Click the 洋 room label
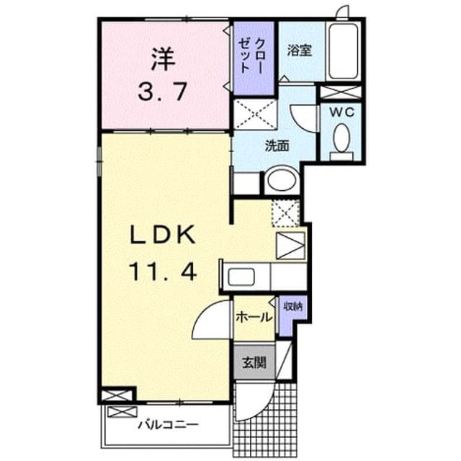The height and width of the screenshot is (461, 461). click(x=163, y=59)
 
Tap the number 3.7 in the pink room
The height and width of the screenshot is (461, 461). click(x=163, y=91)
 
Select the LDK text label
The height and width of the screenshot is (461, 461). click(x=163, y=234)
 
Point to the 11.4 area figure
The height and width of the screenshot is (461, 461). click(x=163, y=271)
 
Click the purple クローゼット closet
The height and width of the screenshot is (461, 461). click(x=254, y=58)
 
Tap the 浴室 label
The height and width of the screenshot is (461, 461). click(x=300, y=50)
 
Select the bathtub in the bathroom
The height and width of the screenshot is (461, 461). click(x=343, y=51)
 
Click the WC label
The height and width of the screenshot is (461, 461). click(x=341, y=112)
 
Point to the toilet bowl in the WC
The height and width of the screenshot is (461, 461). click(x=341, y=138)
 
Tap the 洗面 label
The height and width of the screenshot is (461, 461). click(x=277, y=146)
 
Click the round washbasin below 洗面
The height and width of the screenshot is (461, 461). click(x=282, y=179)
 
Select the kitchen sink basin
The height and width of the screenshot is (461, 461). click(x=241, y=277)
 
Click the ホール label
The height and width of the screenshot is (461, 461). click(x=254, y=318)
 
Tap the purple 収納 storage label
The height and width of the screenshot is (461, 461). click(x=293, y=307)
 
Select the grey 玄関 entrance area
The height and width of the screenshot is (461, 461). click(x=254, y=362)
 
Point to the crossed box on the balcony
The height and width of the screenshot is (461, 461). click(x=122, y=411)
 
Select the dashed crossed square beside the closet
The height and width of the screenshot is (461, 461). click(x=255, y=114)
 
